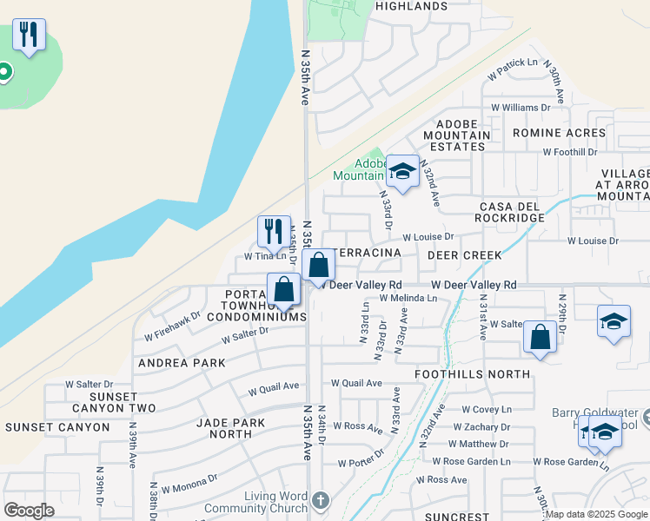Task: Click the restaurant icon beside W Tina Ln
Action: coord(274,231)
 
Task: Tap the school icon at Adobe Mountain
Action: coord(402,171)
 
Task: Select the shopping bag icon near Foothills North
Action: coord(541,338)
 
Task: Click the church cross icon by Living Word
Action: coord(321,500)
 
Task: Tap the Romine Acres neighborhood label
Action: coord(559,133)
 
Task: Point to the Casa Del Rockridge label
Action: coord(511,211)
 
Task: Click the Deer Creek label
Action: coord(465,255)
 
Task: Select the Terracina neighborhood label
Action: coord(367,252)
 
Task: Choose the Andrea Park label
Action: coord(177,363)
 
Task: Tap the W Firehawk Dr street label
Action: coord(172,326)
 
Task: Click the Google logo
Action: coord(29,511)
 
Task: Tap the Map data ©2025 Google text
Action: coord(596,514)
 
